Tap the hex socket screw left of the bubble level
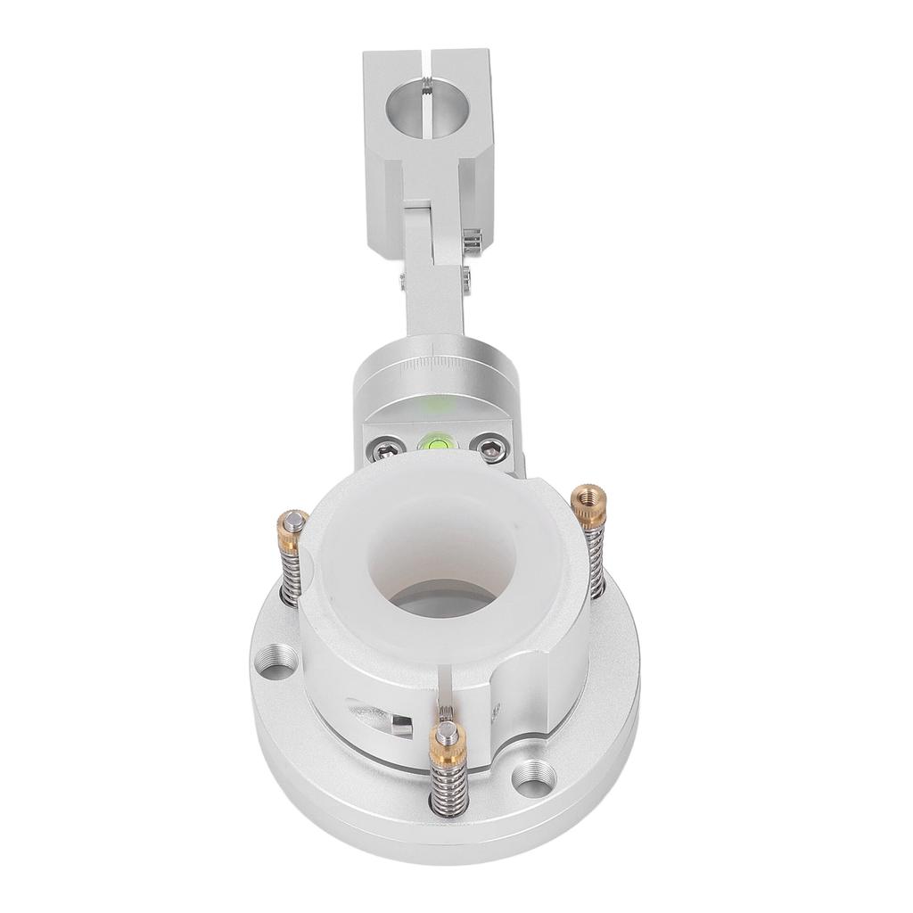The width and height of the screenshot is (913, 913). point(382,448)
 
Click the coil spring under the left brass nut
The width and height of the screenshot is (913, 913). point(290,574)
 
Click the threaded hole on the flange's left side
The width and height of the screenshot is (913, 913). point(278,664)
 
